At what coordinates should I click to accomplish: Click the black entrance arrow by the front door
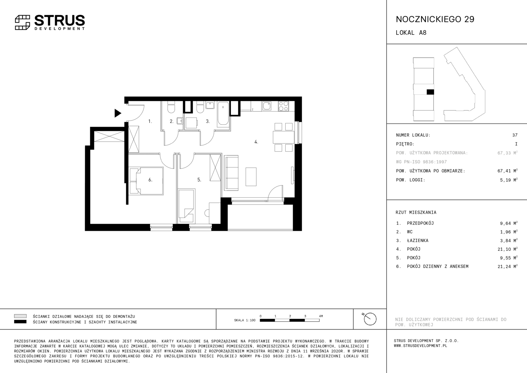coord(118,113)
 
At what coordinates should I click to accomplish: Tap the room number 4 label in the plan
coord(256,142)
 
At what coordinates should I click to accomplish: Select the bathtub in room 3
coord(223,113)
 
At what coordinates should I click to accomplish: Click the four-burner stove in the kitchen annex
coord(283,106)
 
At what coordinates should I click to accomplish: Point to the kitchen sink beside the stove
coord(267,106)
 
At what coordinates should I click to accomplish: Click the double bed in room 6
coord(146,181)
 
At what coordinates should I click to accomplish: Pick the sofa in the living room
coord(231,173)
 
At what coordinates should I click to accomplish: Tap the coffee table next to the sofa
coord(251,177)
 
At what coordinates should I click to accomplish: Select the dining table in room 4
coord(284,137)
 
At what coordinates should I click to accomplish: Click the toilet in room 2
coord(171,107)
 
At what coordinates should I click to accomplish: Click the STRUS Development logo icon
coord(22,22)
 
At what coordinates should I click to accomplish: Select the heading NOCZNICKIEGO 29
coord(435,19)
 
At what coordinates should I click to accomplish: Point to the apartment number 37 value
coord(515,135)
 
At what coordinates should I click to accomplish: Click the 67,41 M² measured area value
coord(507,171)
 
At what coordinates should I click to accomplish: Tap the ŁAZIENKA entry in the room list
coord(418,240)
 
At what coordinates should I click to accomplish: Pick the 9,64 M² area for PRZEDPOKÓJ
coord(509,223)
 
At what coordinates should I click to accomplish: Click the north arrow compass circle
coord(370,319)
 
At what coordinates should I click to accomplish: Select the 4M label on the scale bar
coord(321,316)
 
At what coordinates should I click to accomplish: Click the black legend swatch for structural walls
coord(20,322)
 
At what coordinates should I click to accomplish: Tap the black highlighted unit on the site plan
coord(430,92)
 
